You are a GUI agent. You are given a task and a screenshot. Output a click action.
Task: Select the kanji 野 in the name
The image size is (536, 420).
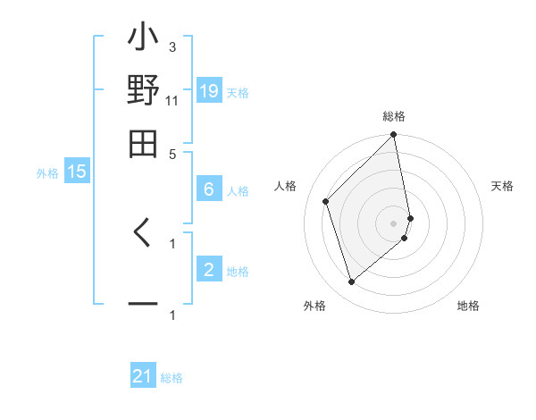[144, 92]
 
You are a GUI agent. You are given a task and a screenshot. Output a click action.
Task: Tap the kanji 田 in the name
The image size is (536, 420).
[144, 142]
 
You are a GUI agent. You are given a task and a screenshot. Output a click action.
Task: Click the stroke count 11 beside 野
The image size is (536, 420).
[172, 100]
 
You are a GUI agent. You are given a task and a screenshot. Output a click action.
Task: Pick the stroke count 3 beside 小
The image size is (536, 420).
[172, 46]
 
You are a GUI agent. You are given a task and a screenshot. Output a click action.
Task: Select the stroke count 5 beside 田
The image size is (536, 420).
[172, 153]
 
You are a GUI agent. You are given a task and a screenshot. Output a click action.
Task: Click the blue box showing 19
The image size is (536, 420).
[209, 91]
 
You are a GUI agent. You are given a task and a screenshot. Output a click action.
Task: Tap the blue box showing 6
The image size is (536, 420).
[209, 189]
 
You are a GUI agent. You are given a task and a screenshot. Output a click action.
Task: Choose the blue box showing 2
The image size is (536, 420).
[209, 269]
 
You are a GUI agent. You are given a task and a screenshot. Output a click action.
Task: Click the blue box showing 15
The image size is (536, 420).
[77, 172]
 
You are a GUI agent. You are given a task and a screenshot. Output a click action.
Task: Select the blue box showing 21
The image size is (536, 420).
[143, 376]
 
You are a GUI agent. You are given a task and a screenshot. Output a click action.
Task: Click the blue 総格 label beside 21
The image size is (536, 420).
[172, 378]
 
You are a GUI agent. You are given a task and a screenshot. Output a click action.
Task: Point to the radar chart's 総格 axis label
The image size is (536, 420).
[394, 116]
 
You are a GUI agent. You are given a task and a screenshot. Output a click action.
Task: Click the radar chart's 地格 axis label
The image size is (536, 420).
[468, 307]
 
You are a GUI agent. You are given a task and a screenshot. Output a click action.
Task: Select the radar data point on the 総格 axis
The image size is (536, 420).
[394, 136]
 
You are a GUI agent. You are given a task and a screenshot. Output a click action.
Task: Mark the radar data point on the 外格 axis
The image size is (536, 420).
[351, 282]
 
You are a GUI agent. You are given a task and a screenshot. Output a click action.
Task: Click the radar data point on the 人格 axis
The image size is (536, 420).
[326, 201]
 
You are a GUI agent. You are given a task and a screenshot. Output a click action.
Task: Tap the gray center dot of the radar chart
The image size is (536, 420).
[394, 223]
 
